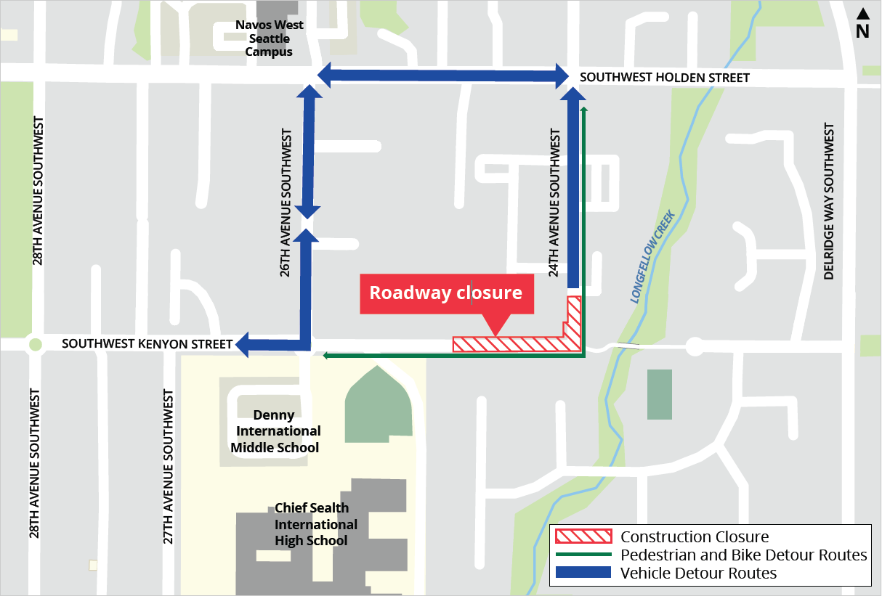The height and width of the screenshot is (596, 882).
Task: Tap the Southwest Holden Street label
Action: point(664,78)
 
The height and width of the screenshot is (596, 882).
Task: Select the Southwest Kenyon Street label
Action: point(147,343)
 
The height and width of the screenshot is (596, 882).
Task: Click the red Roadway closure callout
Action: point(446,293)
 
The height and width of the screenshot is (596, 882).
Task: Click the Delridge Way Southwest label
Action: point(829,201)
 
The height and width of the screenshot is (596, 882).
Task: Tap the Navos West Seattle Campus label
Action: point(269,38)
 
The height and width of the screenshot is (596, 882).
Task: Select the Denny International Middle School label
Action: point(275,431)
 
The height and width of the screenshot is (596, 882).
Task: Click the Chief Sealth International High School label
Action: point(316,524)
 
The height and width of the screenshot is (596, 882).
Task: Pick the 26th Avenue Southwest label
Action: point(286,203)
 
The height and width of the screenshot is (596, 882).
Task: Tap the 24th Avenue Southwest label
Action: point(555,203)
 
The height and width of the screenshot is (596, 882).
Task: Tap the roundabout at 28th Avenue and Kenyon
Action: point(33,344)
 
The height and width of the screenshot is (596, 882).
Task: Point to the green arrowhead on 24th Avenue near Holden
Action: point(583,110)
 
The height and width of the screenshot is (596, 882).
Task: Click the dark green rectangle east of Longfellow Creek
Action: point(659,394)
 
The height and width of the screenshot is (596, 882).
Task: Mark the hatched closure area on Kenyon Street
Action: point(509,344)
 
